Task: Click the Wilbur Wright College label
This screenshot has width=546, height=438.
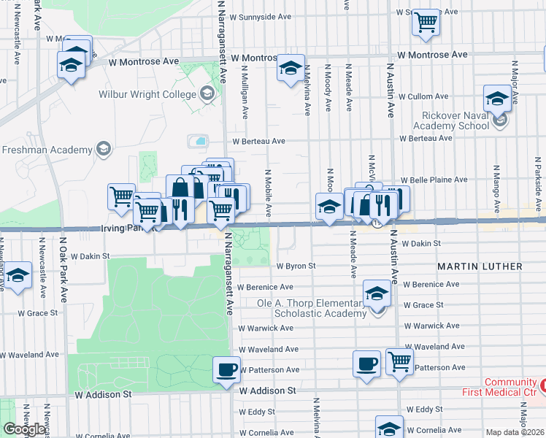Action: click(149, 94)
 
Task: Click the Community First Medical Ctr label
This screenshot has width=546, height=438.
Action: click(511, 388)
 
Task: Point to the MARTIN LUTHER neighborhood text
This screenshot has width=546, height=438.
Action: click(480, 266)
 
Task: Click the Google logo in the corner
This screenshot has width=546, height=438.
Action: click(24, 429)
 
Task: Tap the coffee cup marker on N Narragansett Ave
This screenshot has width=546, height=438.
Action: click(226, 369)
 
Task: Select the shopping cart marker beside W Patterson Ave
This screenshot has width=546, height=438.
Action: click(399, 361)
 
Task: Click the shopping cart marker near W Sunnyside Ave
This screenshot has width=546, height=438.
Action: click(426, 22)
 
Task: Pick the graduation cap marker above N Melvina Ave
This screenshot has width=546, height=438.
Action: click(290, 69)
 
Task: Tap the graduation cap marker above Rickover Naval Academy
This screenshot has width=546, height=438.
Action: click(497, 98)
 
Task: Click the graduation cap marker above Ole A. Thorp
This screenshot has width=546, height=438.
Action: click(377, 293)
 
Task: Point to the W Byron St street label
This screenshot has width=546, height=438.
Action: click(296, 266)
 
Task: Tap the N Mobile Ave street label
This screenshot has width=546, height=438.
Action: click(268, 194)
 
